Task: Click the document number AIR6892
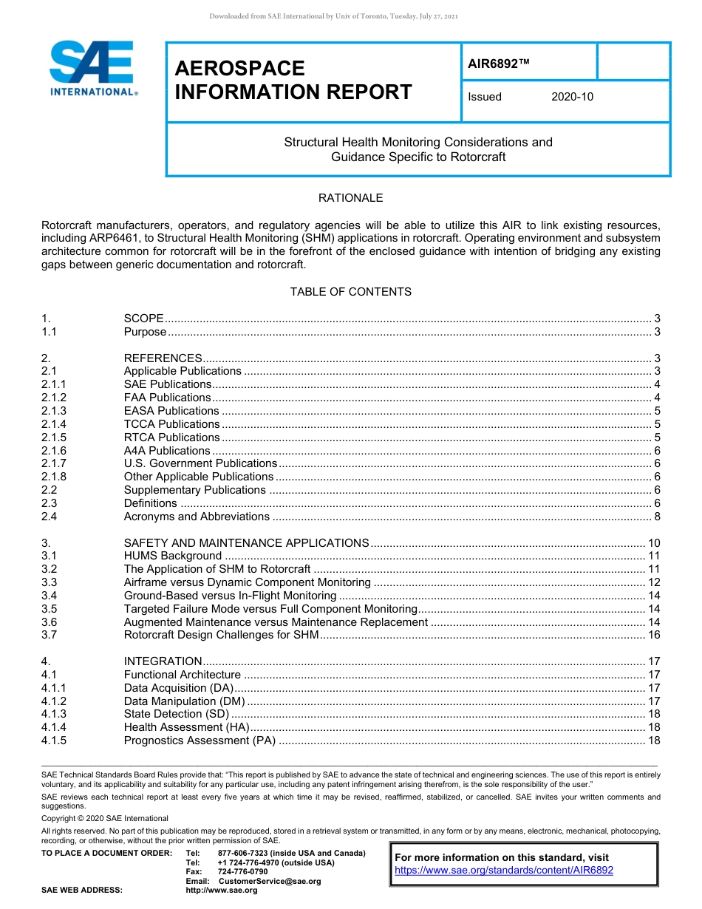point(499,64)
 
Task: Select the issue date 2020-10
point(572,97)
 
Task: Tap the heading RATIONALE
point(350,198)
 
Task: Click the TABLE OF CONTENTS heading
point(350,292)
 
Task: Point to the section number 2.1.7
point(54,463)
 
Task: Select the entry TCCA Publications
point(171,424)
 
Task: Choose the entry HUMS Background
point(172,556)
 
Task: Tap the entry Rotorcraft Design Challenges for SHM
point(221,635)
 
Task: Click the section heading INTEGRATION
point(163,661)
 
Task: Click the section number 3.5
point(50,609)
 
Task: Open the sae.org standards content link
point(504,871)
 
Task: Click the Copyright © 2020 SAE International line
point(105,818)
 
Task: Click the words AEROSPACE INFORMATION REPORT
point(293,81)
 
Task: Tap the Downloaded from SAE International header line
point(334,16)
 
